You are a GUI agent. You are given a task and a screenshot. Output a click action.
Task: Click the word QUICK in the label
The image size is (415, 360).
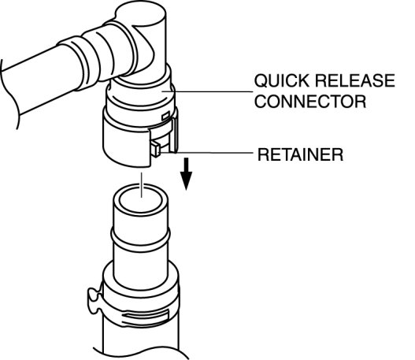[282, 80]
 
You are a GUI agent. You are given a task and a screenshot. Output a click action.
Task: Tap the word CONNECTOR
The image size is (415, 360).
[310, 101]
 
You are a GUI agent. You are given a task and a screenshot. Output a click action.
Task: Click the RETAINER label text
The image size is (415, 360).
[300, 154]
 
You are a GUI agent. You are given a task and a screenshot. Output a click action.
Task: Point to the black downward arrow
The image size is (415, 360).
[187, 174]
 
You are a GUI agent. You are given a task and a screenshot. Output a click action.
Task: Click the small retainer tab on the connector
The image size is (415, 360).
[155, 149]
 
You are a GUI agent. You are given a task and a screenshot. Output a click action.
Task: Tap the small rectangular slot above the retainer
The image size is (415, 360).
[165, 116]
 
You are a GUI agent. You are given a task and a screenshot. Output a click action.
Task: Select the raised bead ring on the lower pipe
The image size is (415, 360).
[140, 239]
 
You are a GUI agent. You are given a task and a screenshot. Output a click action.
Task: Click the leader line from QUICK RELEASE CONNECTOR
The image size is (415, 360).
[207, 91]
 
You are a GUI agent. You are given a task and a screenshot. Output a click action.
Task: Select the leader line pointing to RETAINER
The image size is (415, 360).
[206, 153]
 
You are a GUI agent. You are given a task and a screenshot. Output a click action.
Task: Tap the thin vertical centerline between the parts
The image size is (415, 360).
[142, 185]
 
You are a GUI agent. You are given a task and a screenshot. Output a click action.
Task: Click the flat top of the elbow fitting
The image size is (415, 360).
[141, 13]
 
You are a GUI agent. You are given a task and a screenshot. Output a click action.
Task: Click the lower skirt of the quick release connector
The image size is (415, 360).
[127, 143]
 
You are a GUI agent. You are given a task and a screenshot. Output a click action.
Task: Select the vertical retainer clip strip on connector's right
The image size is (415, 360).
[175, 135]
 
